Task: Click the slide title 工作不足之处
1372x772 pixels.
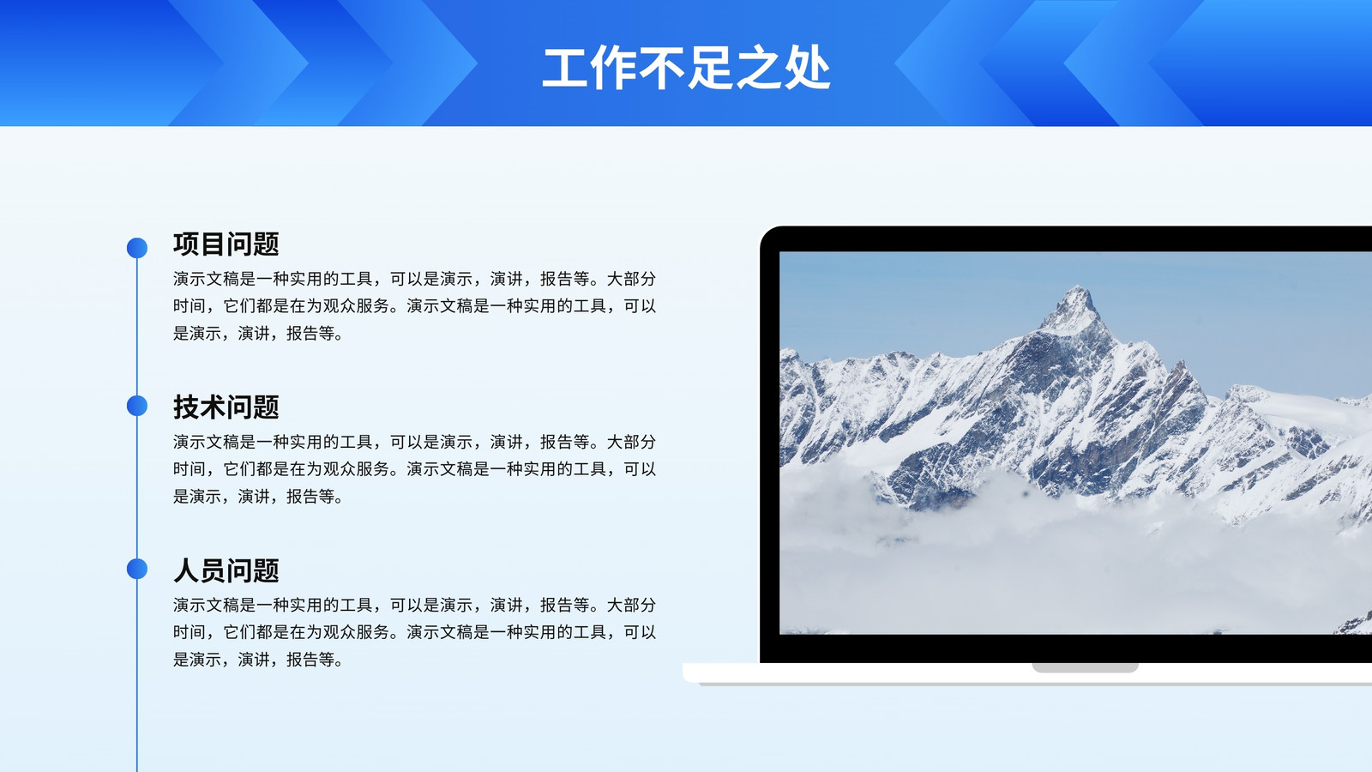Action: (x=686, y=68)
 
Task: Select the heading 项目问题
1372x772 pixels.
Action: (x=226, y=244)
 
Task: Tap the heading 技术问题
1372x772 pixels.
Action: (x=226, y=407)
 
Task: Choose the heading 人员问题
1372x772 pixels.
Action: (x=226, y=570)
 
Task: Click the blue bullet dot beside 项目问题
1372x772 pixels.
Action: (x=137, y=248)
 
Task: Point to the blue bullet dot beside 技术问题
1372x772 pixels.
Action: (x=137, y=406)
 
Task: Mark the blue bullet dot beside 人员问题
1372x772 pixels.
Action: (x=137, y=569)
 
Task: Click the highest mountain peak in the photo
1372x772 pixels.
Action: (x=1077, y=288)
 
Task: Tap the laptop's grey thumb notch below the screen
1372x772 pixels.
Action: (x=1085, y=667)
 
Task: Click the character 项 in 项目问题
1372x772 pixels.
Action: (x=186, y=244)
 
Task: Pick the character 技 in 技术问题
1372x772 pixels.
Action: (x=186, y=407)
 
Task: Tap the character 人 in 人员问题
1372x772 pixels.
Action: (x=186, y=570)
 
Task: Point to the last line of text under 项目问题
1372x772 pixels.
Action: (x=258, y=334)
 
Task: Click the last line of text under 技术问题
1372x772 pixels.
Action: (x=258, y=497)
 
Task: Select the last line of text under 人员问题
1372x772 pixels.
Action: (x=258, y=660)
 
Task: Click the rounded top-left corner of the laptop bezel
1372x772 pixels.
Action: (x=767, y=232)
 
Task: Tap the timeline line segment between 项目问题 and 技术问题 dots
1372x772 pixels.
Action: (x=137, y=327)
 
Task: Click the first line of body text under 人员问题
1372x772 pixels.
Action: (x=414, y=606)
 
